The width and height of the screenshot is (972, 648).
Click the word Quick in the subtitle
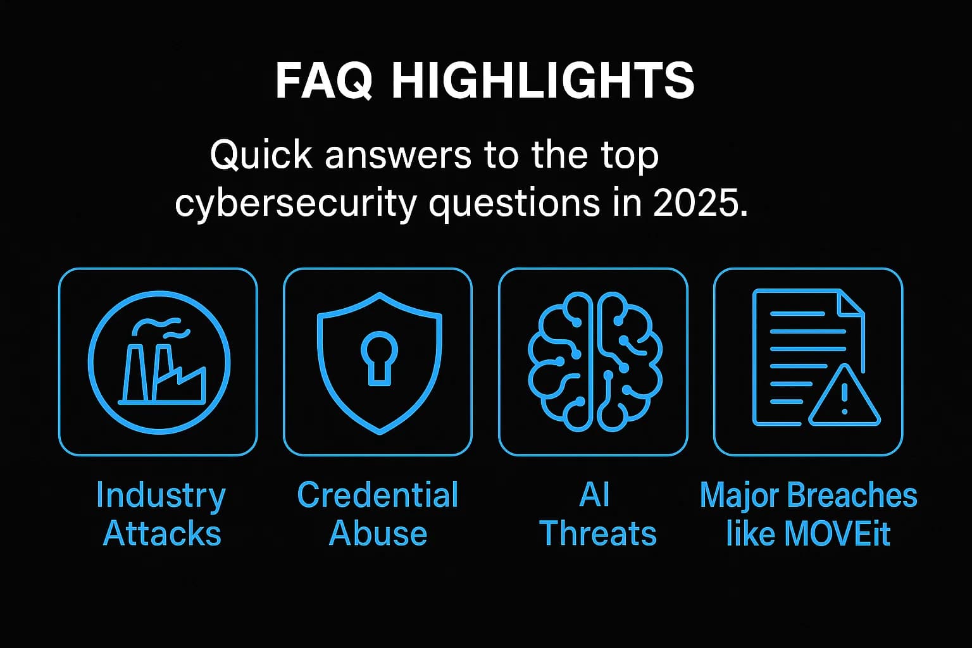click(x=261, y=154)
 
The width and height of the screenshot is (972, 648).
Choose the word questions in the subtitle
click(x=514, y=204)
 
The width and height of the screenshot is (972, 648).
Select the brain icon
click(x=594, y=362)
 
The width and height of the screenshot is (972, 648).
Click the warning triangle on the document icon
click(x=844, y=397)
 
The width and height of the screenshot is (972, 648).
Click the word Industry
click(x=161, y=495)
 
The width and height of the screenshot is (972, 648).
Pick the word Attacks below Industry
click(x=162, y=533)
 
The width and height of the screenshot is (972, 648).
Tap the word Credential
click(x=378, y=495)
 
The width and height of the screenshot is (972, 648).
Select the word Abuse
click(x=378, y=533)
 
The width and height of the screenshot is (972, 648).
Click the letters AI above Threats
click(x=594, y=495)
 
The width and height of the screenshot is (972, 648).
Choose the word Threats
click(x=598, y=533)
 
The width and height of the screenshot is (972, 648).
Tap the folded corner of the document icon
click(x=850, y=303)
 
